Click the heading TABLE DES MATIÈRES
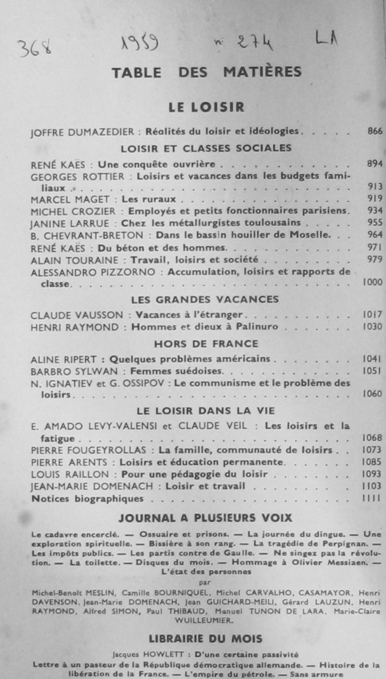(x=207, y=72)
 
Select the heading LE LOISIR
(x=206, y=107)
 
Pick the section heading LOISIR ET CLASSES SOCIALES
(x=206, y=149)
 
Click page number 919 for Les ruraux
(x=375, y=198)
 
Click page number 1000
(x=372, y=282)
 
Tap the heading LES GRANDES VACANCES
(x=205, y=300)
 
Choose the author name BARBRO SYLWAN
(x=74, y=372)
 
